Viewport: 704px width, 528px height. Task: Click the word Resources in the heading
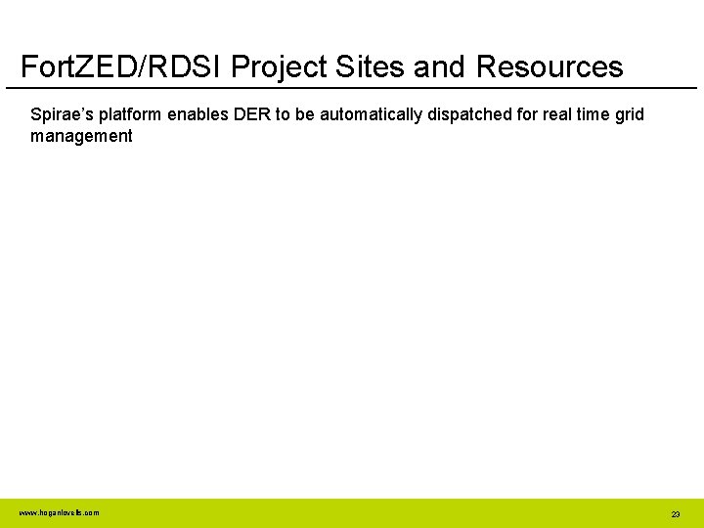[550, 66]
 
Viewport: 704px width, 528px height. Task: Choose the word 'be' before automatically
[304, 114]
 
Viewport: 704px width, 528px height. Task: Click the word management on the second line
[81, 136]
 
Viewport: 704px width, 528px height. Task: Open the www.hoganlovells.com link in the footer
[59, 512]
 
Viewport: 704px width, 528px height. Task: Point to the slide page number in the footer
[675, 513]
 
